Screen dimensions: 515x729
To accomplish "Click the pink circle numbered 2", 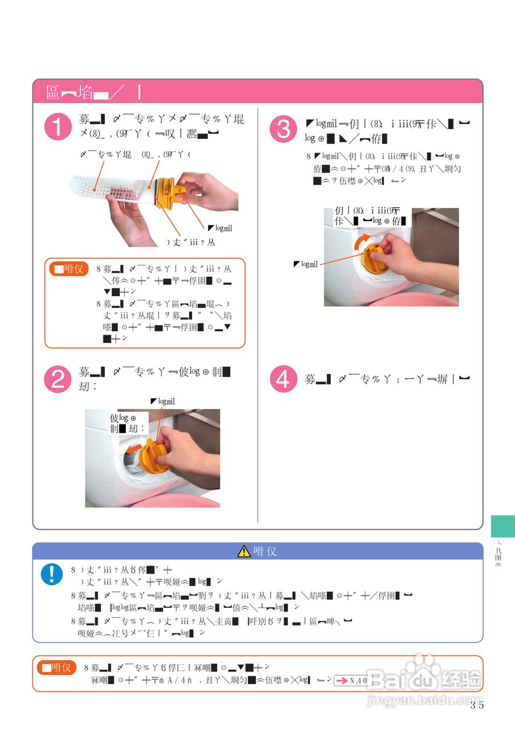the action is [x=58, y=380].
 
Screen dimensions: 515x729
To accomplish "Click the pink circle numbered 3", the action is [x=283, y=129].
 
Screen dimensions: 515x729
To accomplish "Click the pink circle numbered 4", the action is [x=283, y=379].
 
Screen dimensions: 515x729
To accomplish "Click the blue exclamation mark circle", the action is [x=52, y=574].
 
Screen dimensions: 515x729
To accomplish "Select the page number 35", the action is [x=477, y=706].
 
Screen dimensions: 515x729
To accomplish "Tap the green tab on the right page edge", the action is [x=502, y=526].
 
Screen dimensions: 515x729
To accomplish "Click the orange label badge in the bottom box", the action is [x=56, y=667].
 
